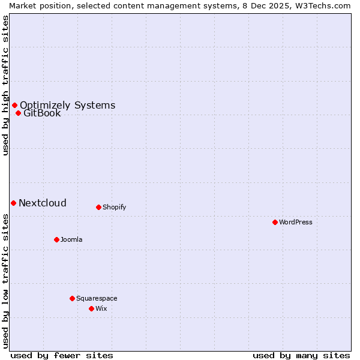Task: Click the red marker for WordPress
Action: tap(275, 222)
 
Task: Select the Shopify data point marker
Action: tap(98, 207)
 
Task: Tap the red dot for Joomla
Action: tap(56, 239)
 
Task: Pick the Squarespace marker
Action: tap(72, 298)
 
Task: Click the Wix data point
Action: tap(91, 308)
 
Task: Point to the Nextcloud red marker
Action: tap(13, 203)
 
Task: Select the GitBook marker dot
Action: tap(18, 113)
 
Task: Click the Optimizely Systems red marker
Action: tap(14, 105)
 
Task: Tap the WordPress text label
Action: tap(296, 222)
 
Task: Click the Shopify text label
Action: tap(114, 207)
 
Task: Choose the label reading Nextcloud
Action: tap(43, 203)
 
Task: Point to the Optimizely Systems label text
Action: tap(67, 105)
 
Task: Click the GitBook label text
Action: tap(42, 113)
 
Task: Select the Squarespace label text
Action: tap(97, 298)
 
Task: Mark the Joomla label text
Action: tap(71, 239)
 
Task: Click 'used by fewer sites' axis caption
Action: tap(62, 355)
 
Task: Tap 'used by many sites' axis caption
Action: tap(301, 355)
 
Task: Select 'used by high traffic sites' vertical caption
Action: tap(5, 85)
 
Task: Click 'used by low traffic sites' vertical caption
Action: tap(5, 280)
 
